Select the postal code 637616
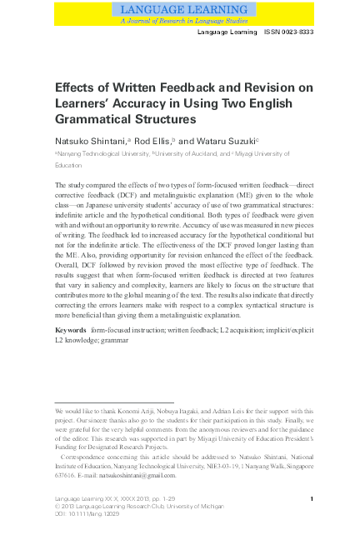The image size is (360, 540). click(x=67, y=476)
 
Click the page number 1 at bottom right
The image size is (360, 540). click(x=311, y=498)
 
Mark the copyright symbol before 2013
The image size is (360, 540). click(x=57, y=506)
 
